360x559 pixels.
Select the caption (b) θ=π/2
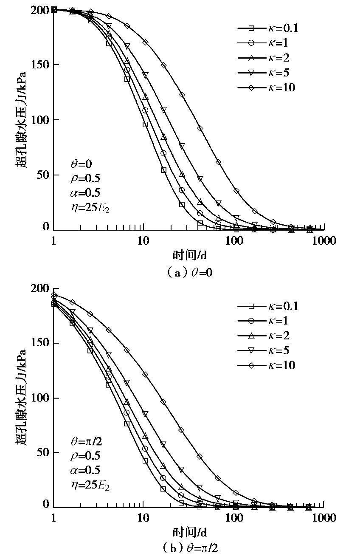(x=189, y=548)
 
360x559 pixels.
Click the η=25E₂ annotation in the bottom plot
(x=90, y=484)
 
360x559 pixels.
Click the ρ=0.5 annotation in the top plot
(x=85, y=178)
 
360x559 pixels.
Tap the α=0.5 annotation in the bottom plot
(x=85, y=470)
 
